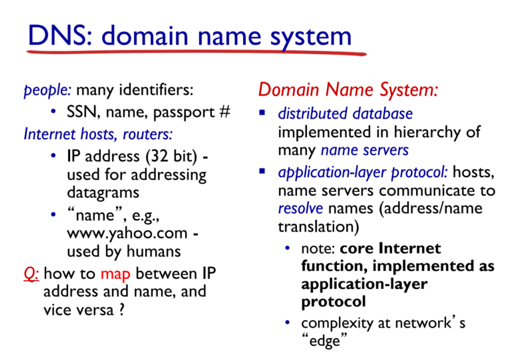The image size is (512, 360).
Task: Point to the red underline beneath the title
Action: click(x=197, y=53)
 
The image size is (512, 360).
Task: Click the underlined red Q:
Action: click(x=31, y=274)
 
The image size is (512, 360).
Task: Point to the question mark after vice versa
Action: click(x=122, y=309)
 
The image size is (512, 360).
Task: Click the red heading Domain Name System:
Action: click(x=348, y=89)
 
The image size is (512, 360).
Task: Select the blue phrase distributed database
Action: click(x=345, y=113)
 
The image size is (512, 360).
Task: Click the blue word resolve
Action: click(x=300, y=208)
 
